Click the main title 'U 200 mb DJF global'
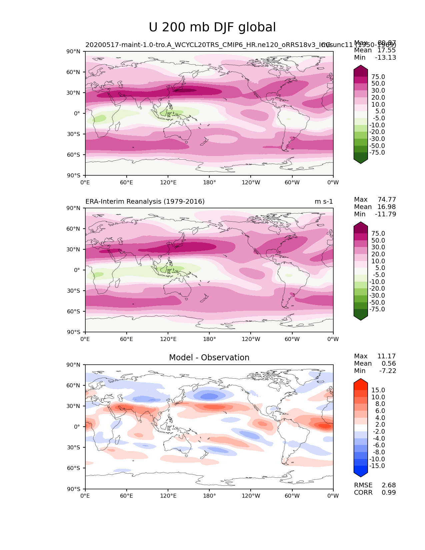coord(212,27)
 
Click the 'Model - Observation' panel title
coord(209,358)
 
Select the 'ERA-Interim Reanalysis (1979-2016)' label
coord(145,202)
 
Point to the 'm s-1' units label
coord(324,202)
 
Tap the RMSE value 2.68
coord(389,485)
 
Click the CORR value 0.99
coord(389,493)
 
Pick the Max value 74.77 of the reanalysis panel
coord(387,200)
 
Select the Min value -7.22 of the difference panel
coord(388,371)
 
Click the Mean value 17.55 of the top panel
coord(386,50)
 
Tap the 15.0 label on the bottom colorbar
coord(378,390)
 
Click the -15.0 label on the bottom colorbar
coord(377,466)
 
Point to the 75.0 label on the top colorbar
coord(378,77)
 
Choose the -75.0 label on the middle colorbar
coord(377,309)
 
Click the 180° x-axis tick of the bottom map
coord(209,496)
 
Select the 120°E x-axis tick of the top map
coord(168,183)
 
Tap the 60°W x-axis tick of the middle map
coord(292,339)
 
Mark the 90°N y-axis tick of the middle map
coord(73,208)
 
